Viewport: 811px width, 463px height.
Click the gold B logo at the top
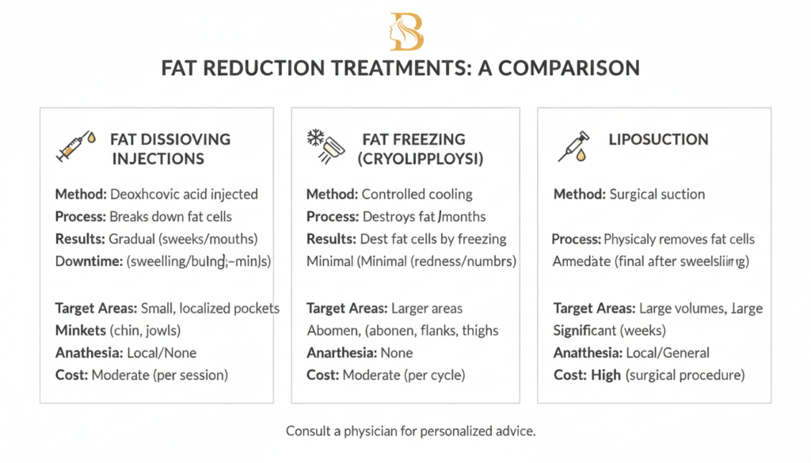tap(405, 32)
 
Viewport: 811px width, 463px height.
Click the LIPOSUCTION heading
tap(659, 139)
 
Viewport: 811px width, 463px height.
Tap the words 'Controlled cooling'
tap(417, 194)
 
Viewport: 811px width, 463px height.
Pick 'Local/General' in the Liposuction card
tap(667, 353)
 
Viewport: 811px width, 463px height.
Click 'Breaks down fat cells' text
tap(171, 216)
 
